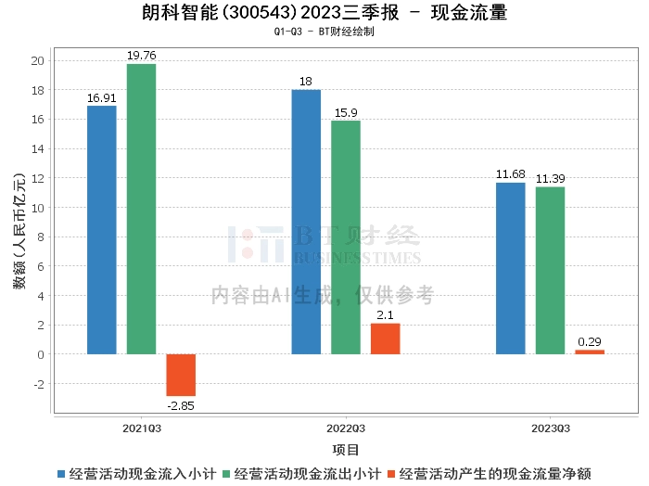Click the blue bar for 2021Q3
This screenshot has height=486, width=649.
102,230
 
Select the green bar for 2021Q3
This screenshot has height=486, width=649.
141,209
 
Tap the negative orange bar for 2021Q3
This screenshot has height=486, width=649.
181,375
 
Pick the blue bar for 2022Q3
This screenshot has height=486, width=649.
306,222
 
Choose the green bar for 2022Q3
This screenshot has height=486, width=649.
346,237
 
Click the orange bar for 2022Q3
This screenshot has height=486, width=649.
385,339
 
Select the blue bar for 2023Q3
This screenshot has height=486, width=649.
511,268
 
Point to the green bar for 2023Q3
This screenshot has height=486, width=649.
550,271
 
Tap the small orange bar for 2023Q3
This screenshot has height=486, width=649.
590,352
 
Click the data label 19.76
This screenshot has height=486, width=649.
141,56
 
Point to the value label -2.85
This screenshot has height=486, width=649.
181,406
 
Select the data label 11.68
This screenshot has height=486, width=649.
511,174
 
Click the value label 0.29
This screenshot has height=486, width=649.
590,341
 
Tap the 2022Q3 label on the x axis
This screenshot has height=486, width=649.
346,428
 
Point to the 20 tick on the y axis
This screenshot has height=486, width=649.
38,61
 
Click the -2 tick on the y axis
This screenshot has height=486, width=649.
38,384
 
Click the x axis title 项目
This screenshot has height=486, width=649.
346,450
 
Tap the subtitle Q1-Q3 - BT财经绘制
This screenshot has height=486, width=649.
324,32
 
